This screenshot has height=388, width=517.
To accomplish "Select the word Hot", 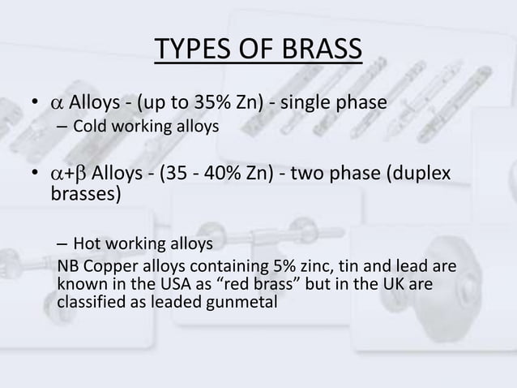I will [87, 244].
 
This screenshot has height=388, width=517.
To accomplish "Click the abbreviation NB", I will [69, 265].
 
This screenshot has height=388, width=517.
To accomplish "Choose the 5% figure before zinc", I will [293, 265].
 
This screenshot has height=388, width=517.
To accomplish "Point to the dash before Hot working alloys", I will [62, 244].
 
